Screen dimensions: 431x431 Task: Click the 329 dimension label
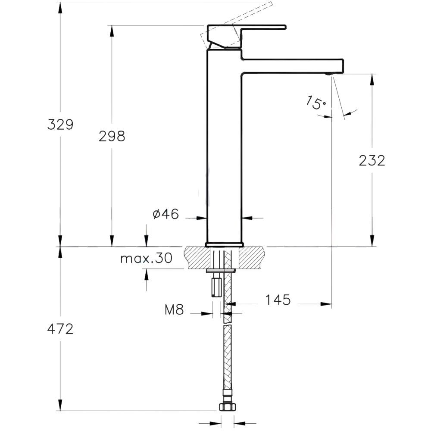pos(60,125)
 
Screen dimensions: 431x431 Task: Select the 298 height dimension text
pos(112,136)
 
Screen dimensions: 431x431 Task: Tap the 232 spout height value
pos(372,160)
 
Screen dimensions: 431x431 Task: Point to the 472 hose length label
pos(60,329)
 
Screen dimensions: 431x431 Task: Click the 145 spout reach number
pos(278,300)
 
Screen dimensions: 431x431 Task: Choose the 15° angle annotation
pos(316,103)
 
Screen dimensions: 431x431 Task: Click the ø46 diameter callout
pos(166,214)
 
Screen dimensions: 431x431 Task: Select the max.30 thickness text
pos(146,259)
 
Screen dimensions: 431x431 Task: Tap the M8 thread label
pos(174,309)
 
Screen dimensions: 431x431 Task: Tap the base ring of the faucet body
pos(224,244)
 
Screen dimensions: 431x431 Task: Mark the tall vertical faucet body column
pos(224,147)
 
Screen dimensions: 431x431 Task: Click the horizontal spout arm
pos(293,66)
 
